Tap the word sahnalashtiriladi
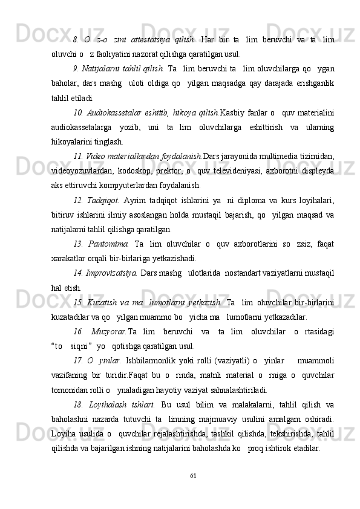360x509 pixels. [x=231, y=390]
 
